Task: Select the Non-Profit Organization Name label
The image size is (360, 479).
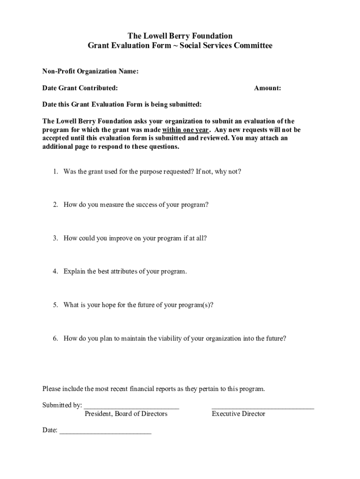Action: pos(90,71)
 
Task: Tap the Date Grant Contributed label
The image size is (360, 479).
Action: pos(80,88)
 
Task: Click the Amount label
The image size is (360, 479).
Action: pos(267,88)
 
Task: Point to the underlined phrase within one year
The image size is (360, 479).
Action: pos(185,130)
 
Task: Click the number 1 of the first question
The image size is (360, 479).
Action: pos(55,172)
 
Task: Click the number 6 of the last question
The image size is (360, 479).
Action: pos(55,338)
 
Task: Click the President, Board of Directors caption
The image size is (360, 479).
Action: pos(126,414)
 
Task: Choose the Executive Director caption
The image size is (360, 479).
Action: pos(238,414)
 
